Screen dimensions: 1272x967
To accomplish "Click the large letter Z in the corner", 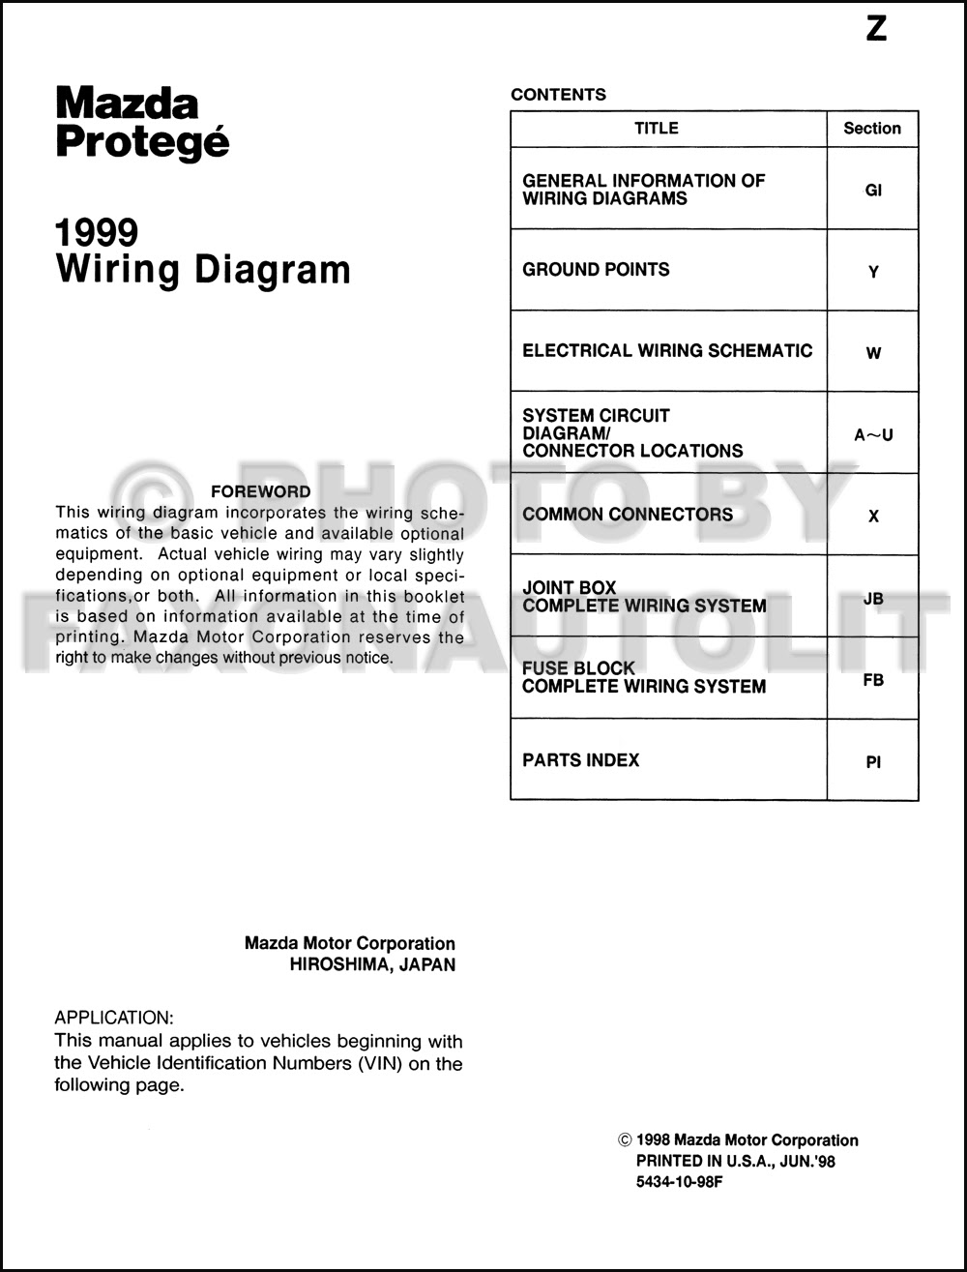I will click(x=876, y=29).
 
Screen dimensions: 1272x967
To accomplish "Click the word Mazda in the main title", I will click(x=127, y=103).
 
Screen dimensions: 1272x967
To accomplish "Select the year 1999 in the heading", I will click(x=97, y=232).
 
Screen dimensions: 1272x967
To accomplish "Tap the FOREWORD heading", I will click(x=260, y=491).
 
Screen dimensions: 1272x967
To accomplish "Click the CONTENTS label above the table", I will click(x=558, y=95).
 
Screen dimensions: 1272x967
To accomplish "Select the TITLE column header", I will click(x=657, y=128).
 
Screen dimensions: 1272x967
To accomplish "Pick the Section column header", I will click(x=871, y=128).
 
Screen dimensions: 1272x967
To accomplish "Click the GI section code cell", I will click(x=873, y=191).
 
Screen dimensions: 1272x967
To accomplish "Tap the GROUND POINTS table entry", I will click(x=596, y=270).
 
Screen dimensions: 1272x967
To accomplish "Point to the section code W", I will click(x=873, y=353).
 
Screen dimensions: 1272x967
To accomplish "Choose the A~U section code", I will click(x=873, y=434).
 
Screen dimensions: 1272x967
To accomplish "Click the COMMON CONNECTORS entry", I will click(x=628, y=515).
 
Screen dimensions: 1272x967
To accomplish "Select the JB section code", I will click(x=873, y=599).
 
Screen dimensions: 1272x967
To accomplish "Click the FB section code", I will click(x=873, y=680).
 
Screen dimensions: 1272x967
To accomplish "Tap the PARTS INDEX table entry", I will click(x=580, y=760).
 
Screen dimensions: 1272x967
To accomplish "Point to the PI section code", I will click(x=873, y=762).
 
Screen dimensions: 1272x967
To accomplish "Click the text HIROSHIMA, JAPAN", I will click(x=372, y=964).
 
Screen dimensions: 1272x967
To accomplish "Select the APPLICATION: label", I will click(x=114, y=1018).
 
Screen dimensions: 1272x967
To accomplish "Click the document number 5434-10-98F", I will click(x=679, y=1182).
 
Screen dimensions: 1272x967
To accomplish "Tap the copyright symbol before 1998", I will click(x=625, y=1140).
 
